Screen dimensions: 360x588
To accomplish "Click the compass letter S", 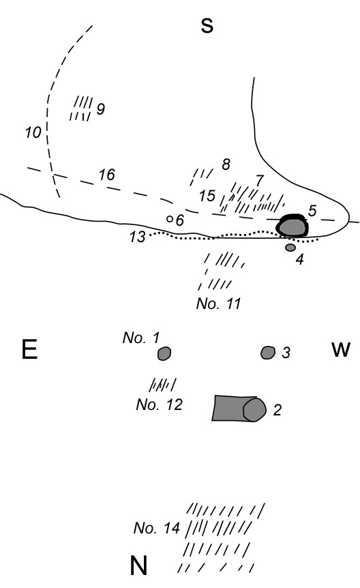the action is tap(207, 25).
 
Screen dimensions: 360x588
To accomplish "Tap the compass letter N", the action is tap(138, 565).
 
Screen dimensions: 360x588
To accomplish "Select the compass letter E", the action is tap(29, 349).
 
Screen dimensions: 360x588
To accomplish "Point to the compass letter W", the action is tap(340, 349).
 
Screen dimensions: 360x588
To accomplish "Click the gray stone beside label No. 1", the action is tap(164, 353).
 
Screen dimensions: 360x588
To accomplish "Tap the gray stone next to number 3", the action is tap(268, 353).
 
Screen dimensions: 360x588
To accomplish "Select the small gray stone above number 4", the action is tap(290, 248).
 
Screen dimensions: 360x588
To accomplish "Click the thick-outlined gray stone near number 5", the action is tap(292, 226).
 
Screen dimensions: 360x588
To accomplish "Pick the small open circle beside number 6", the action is tap(170, 219).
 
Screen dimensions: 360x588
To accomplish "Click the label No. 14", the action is tap(157, 528).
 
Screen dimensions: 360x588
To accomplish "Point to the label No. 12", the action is tap(159, 405).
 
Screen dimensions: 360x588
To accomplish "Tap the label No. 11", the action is tap(218, 304).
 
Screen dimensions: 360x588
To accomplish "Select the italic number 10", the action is tap(33, 132).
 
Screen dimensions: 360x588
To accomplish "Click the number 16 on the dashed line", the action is tap(106, 175).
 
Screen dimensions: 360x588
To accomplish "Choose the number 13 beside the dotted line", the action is tap(137, 237).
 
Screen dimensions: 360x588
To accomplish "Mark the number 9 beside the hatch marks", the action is tap(100, 108).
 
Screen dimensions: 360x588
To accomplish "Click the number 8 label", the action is tap(226, 164).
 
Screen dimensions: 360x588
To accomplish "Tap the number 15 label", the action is tap(207, 196).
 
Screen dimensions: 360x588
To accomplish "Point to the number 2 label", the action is tap(277, 410).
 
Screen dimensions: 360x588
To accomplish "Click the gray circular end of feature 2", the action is tap(254, 409).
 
